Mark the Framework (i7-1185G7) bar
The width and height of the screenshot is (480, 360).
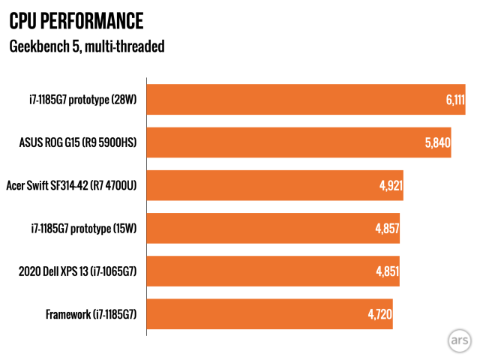[x=269, y=313]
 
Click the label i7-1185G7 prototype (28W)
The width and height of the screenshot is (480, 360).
[x=77, y=99]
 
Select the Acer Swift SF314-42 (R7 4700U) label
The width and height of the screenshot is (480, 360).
[x=71, y=185]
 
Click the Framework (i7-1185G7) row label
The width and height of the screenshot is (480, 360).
[x=91, y=313]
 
